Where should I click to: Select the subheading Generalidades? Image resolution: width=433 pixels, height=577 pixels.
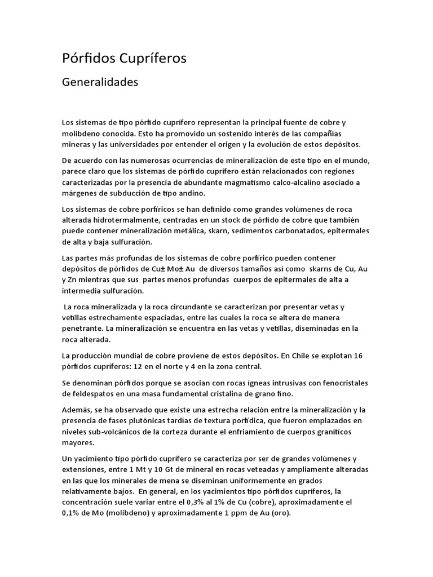click(x=100, y=82)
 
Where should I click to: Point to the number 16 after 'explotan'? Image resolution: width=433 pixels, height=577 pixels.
click(x=364, y=356)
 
